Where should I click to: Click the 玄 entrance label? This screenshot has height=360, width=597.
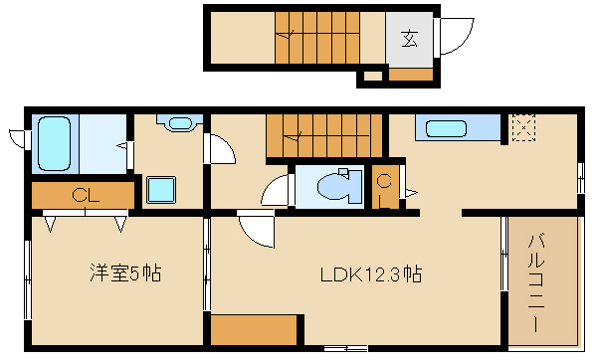pos(409,39)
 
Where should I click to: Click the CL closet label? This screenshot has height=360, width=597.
pos(84,195)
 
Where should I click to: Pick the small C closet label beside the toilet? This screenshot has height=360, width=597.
pos(383,181)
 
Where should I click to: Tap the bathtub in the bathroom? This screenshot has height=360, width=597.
pos(54,142)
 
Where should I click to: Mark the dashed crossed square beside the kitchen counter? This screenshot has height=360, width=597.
pos(522,128)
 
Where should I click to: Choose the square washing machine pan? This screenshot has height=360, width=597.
pos(161,189)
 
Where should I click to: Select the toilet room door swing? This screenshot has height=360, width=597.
pos(276,191)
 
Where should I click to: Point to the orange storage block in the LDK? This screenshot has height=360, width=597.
pos(255,328)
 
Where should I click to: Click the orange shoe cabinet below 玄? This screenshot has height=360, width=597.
pos(410,74)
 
